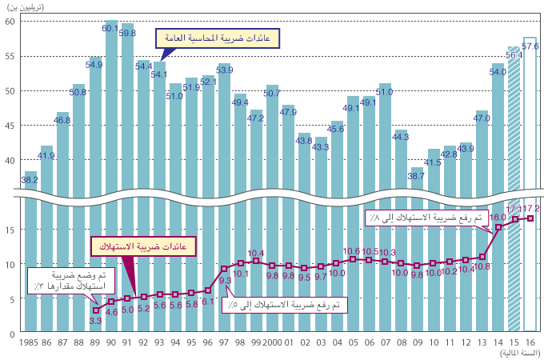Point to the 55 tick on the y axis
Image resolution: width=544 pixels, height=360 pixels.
click(x=10, y=56)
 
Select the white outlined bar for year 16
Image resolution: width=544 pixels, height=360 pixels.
click(x=530, y=184)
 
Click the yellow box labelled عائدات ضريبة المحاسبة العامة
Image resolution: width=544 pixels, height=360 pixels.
click(x=204, y=38)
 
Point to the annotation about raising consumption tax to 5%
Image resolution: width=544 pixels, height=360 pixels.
click(x=297, y=305)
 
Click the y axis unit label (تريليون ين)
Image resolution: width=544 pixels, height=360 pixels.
click(x=26, y=7)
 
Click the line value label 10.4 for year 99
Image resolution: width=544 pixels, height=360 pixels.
click(x=256, y=253)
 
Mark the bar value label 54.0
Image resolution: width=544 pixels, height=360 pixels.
click(x=498, y=71)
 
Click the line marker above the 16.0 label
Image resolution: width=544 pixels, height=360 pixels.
click(x=498, y=227)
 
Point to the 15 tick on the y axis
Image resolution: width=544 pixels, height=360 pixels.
click(x=10, y=230)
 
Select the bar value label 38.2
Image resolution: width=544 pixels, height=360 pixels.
click(x=30, y=180)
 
